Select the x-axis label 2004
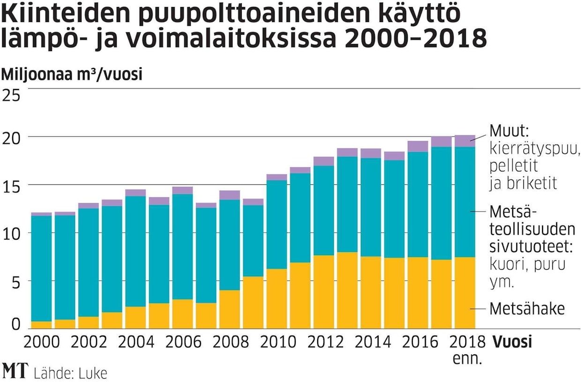(x=136, y=342)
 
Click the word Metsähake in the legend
(x=527, y=309)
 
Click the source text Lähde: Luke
(x=70, y=373)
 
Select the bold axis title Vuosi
(x=512, y=342)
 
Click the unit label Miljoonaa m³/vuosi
(x=72, y=74)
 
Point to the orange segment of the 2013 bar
(x=347, y=290)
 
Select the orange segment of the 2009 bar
(x=253, y=302)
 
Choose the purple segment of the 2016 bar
(x=418, y=147)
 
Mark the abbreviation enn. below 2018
(x=467, y=360)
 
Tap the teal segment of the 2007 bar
(x=206, y=255)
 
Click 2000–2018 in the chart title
(x=414, y=39)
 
